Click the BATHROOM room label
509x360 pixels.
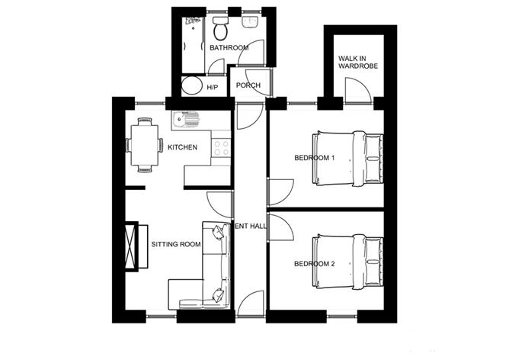click(229, 48)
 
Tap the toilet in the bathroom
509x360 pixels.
click(221, 31)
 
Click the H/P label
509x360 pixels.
click(213, 88)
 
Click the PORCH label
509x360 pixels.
click(248, 85)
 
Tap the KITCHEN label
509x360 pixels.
click(183, 147)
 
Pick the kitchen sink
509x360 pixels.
click(185, 119)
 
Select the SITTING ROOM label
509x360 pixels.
click(175, 245)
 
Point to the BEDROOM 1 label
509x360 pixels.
click(315, 159)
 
